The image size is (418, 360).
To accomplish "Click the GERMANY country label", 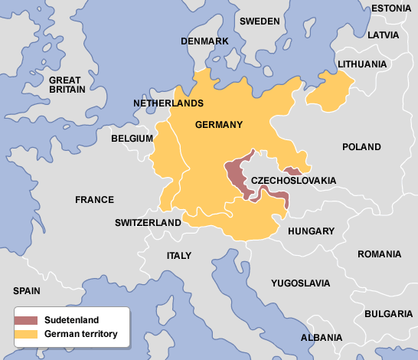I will pyautogui.click(x=219, y=125).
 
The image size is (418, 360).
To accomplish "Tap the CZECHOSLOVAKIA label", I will pyautogui.click(x=294, y=181).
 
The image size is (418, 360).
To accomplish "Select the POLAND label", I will pyautogui.click(x=361, y=146).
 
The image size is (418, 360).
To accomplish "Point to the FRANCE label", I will pyautogui.click(x=94, y=200).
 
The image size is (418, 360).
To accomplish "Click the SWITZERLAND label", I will pyautogui.click(x=148, y=223).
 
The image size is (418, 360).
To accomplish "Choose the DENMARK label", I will pyautogui.click(x=204, y=41).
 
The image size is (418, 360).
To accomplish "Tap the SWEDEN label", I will pyautogui.click(x=260, y=21).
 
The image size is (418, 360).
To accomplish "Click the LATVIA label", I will pyautogui.click(x=383, y=35).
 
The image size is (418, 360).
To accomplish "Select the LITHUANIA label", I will pyautogui.click(x=362, y=64).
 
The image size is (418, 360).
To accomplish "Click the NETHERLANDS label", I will pyautogui.click(x=168, y=103).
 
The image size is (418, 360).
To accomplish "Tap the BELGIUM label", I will pyautogui.click(x=132, y=139).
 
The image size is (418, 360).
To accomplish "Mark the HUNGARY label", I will pyautogui.click(x=311, y=231).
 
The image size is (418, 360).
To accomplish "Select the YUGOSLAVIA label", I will pyautogui.click(x=302, y=283).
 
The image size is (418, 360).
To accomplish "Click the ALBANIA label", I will pyautogui.click(x=322, y=337).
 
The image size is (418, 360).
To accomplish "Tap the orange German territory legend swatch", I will pyautogui.click(x=27, y=334).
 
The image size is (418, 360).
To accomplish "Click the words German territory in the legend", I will pyautogui.click(x=80, y=334).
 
